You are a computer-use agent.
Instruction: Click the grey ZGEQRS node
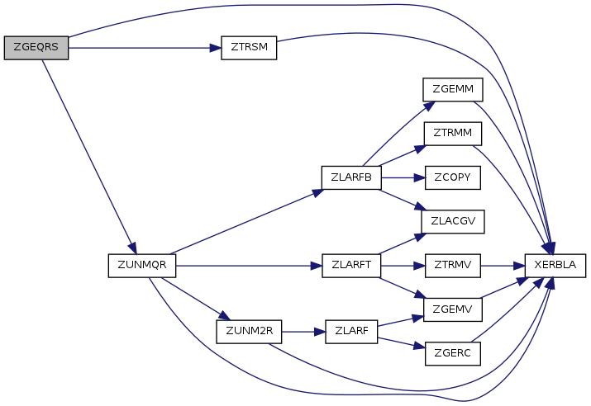tap(36, 48)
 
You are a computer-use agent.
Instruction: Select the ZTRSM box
tap(249, 48)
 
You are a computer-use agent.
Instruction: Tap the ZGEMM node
tap(453, 90)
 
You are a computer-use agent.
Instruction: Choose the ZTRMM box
tap(453, 134)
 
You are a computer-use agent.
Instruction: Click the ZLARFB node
tap(351, 177)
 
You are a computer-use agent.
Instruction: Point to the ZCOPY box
tap(453, 177)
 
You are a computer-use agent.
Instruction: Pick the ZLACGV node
tap(453, 222)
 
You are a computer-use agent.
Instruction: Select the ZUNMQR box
tap(141, 266)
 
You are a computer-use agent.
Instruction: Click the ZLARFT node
tap(351, 266)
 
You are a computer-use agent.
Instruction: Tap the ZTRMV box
tap(453, 266)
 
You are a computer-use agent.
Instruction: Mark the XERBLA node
tap(555, 266)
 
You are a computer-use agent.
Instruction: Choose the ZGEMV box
tap(453, 309)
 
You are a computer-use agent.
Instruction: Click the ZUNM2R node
tap(249, 332)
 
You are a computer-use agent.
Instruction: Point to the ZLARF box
tap(351, 332)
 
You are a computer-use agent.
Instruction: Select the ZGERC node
tap(453, 354)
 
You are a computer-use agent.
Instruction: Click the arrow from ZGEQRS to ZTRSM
tap(145, 48)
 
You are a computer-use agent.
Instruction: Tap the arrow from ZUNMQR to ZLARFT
tap(249, 266)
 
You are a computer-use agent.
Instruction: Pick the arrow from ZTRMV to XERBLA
tap(503, 266)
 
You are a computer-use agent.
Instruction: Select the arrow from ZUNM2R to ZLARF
tap(303, 332)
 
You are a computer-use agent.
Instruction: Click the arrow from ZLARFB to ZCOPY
tap(403, 177)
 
